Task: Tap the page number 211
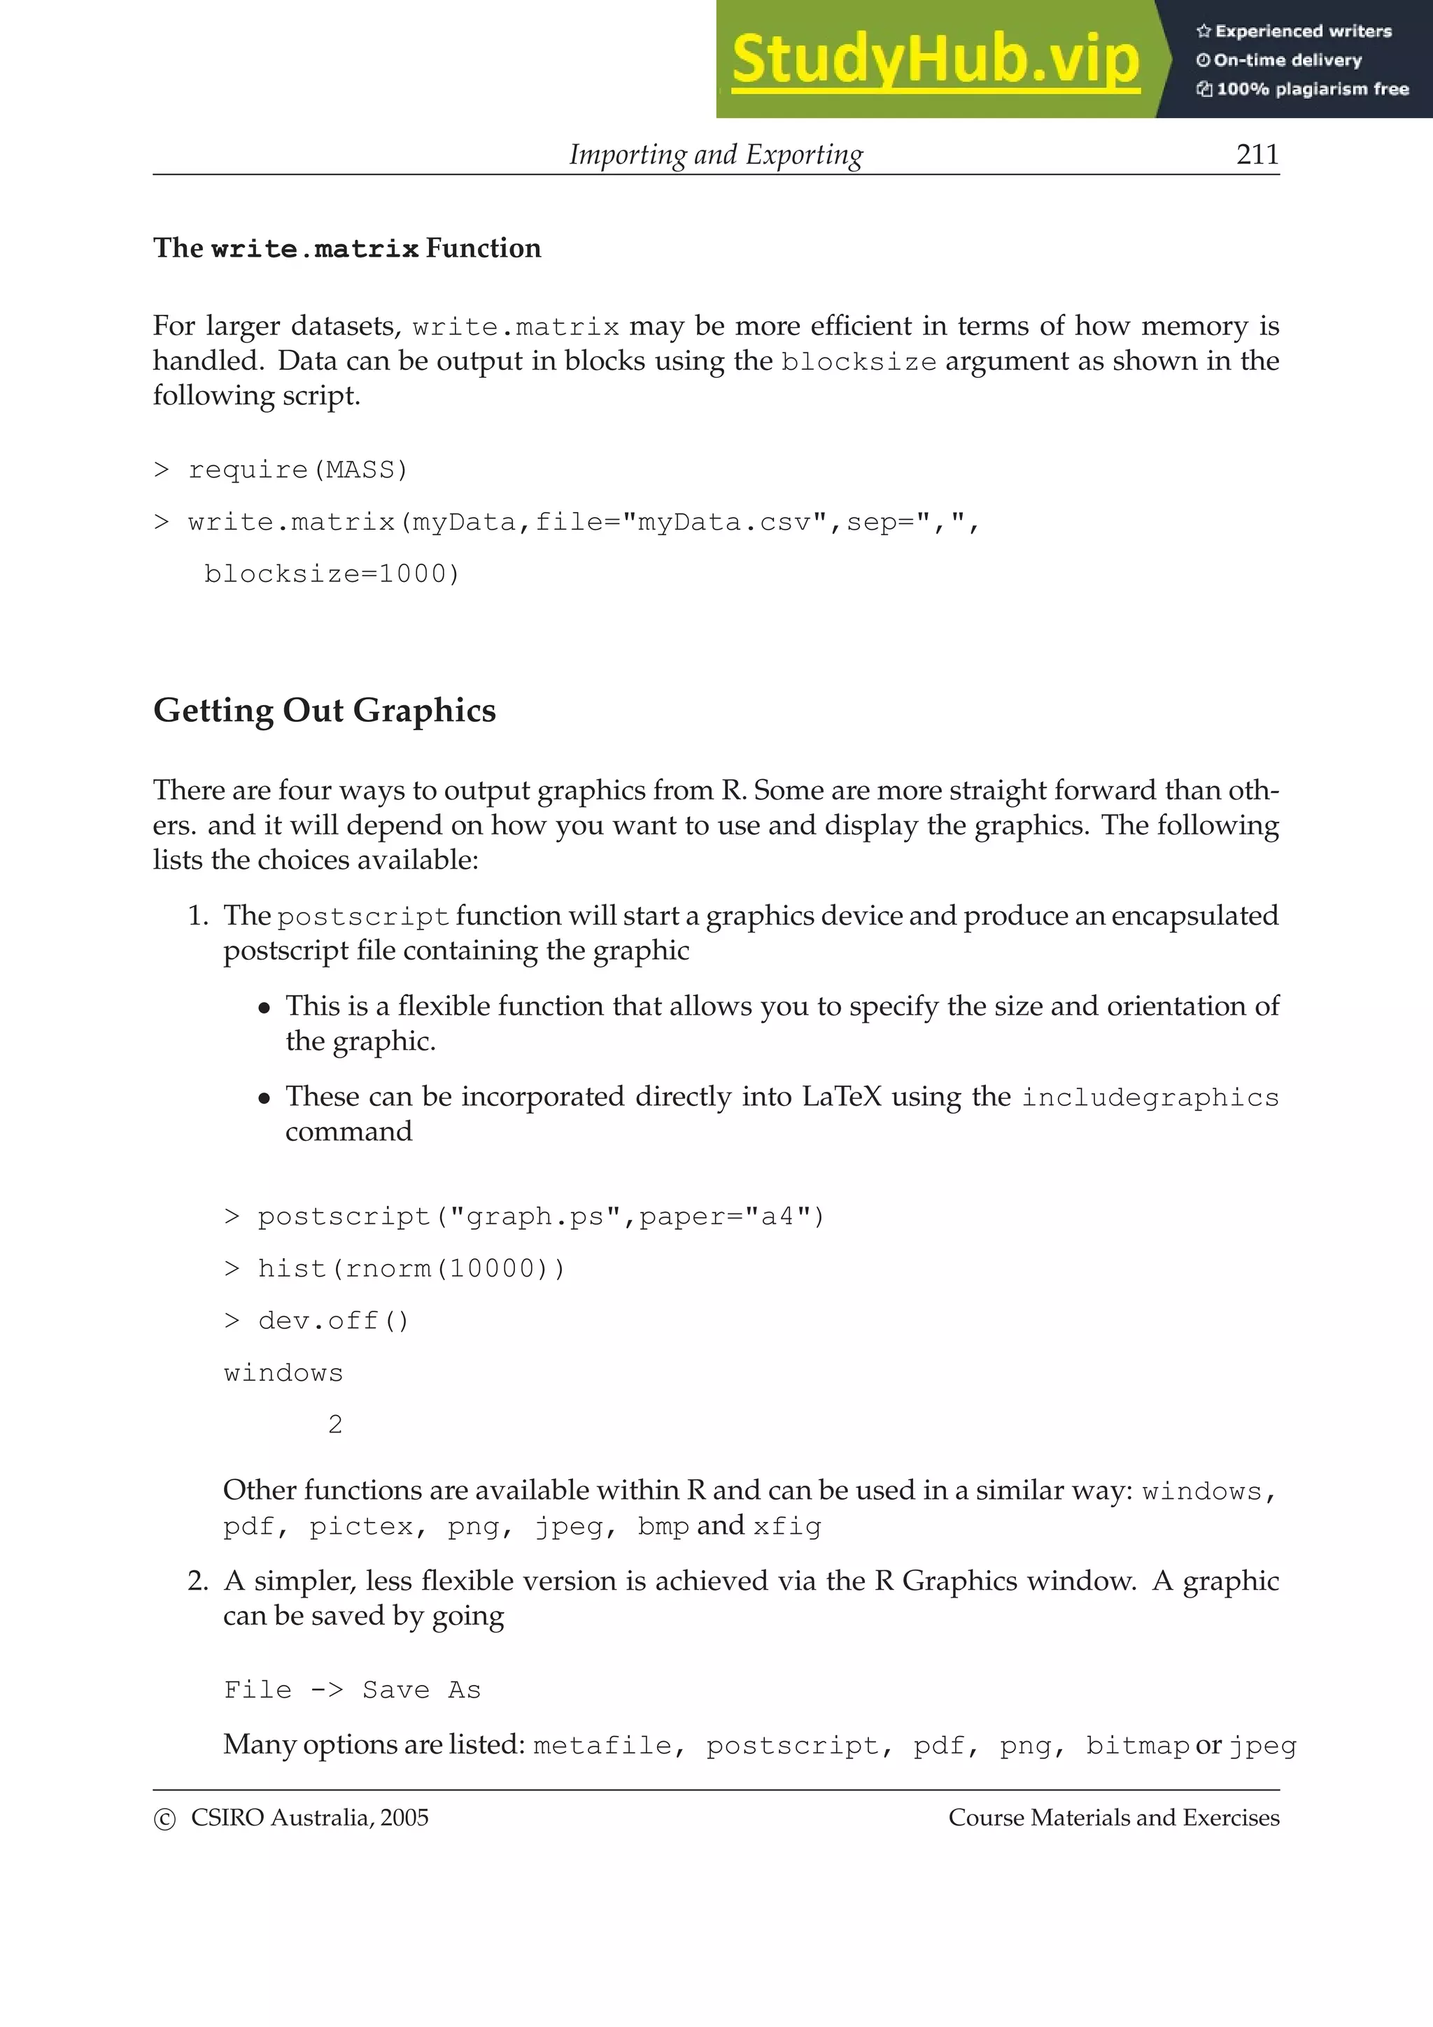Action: tap(1257, 155)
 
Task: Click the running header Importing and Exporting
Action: tap(715, 155)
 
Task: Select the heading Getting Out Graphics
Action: tap(324, 710)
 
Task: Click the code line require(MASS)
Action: tap(297, 469)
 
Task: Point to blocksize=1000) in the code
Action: tap(332, 574)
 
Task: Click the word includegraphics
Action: tap(1150, 1097)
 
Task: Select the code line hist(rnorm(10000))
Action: tap(411, 1269)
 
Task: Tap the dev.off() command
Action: tap(333, 1321)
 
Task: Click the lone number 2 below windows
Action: tap(334, 1424)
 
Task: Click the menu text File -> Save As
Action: tap(352, 1690)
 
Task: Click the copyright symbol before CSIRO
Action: tap(164, 1819)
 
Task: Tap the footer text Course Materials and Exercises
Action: tap(1113, 1818)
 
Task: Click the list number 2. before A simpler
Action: tap(198, 1581)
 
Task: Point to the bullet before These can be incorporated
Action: tap(264, 1098)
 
